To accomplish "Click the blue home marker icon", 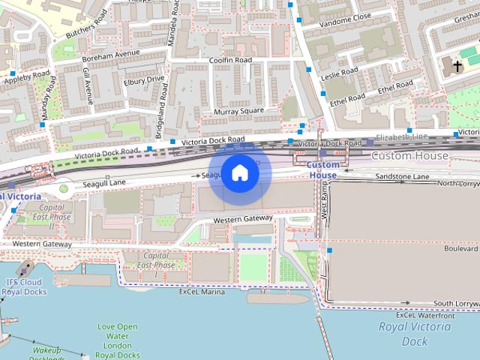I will pos(240,173).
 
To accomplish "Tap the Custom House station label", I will pos(324,170).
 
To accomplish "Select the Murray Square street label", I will pos(239,111).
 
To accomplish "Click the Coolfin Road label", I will pos(230,60).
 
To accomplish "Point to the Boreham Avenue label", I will pos(111,55).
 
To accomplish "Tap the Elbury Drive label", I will pos(144,79).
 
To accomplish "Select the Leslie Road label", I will pos(341,74).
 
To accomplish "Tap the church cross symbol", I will pos(457,66).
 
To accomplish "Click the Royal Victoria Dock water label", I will pos(403,333).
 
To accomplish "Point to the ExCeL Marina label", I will pos(202,292).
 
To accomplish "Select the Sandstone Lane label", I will pos(402,176).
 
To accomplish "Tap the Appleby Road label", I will pos(27,76).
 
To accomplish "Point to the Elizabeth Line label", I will pos(402,137).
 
